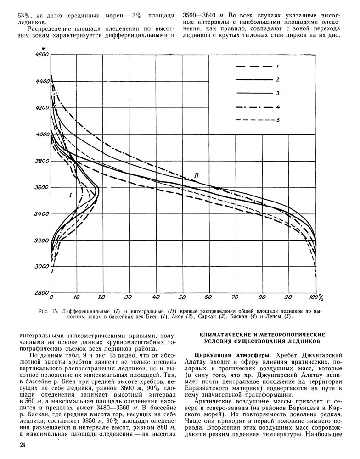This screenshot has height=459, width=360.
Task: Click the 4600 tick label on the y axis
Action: pos(42,55)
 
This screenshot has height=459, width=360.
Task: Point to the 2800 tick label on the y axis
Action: pos(42,293)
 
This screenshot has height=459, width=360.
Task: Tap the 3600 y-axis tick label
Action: pos(42,187)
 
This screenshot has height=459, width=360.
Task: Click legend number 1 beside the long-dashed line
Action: pos(278,67)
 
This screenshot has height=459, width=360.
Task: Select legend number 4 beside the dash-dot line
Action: pos(278,107)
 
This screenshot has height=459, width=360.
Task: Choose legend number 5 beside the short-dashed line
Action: pos(278,120)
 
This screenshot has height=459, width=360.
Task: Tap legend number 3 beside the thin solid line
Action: pos(278,94)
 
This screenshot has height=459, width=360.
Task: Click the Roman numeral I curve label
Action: pos(70,196)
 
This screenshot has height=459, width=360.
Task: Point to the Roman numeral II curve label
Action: pos(197,174)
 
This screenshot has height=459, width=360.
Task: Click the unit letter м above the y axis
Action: pos(44,49)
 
